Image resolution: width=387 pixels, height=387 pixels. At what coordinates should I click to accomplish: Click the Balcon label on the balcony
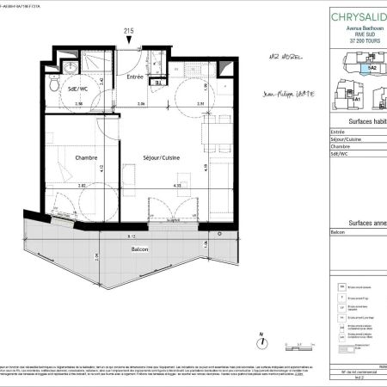click(x=141, y=249)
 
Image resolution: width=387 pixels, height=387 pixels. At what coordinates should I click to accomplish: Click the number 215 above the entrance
click(x=129, y=31)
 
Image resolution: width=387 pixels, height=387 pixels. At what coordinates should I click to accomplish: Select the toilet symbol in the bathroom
click(x=53, y=85)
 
